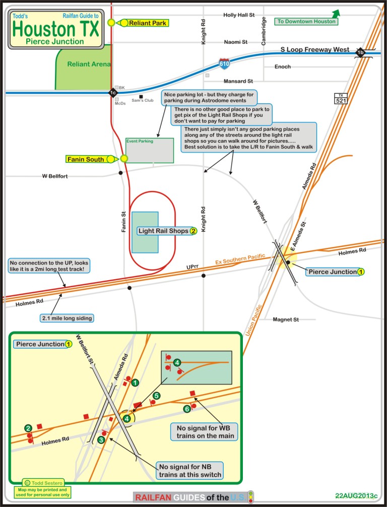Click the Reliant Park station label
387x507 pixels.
148,23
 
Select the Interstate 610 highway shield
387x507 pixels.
225,64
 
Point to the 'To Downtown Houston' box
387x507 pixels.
306,21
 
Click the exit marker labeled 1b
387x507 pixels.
360,52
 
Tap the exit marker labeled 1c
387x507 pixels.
112,93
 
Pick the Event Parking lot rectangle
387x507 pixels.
149,150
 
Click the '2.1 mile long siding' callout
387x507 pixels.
68,318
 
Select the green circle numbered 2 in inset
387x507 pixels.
28,428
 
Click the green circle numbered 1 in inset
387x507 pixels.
135,383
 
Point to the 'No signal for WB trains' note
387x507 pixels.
205,432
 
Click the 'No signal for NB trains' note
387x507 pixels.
189,470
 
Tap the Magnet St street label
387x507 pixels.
286,320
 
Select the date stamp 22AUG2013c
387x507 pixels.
356,496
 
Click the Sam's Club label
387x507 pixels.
142,100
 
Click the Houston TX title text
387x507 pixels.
55,29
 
